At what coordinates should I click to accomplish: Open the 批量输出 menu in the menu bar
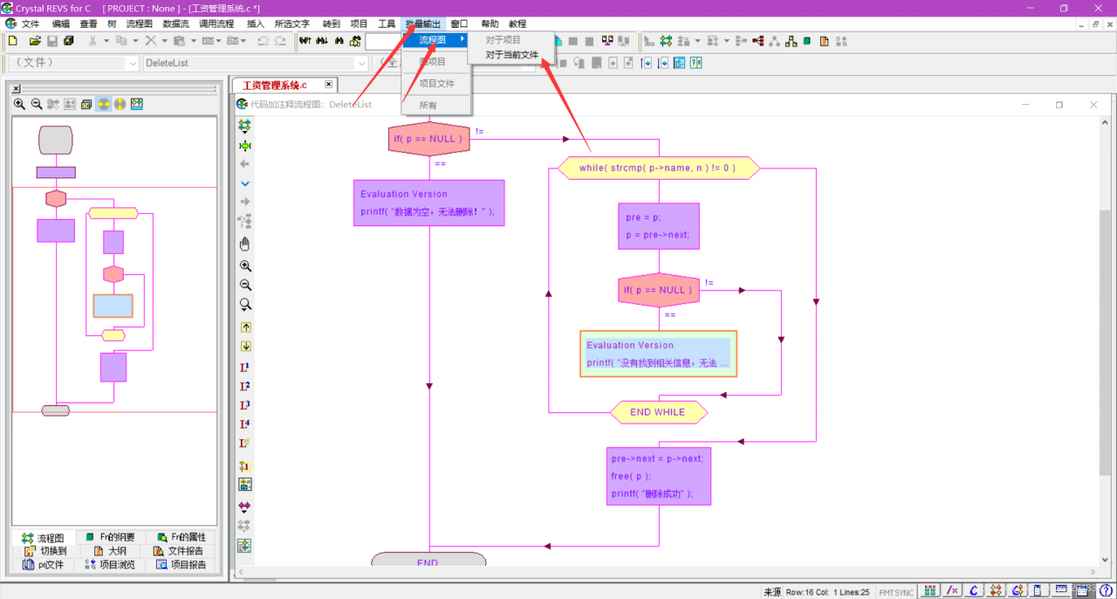(423, 24)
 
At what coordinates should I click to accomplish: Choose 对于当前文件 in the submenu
(511, 55)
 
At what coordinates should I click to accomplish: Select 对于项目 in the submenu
(503, 40)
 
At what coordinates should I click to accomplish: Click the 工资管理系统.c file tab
(276, 86)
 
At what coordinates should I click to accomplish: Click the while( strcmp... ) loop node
(658, 168)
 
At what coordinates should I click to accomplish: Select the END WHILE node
(658, 412)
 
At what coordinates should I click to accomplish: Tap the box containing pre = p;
(658, 226)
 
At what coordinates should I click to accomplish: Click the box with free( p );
(658, 476)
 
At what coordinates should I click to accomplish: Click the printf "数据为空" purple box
(428, 203)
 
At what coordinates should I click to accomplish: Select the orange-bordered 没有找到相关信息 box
(658, 354)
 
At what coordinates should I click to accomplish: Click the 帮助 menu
(490, 24)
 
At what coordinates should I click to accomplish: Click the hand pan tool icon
(245, 244)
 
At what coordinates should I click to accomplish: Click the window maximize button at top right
(1064, 8)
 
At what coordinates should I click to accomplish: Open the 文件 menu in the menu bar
(31, 24)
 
